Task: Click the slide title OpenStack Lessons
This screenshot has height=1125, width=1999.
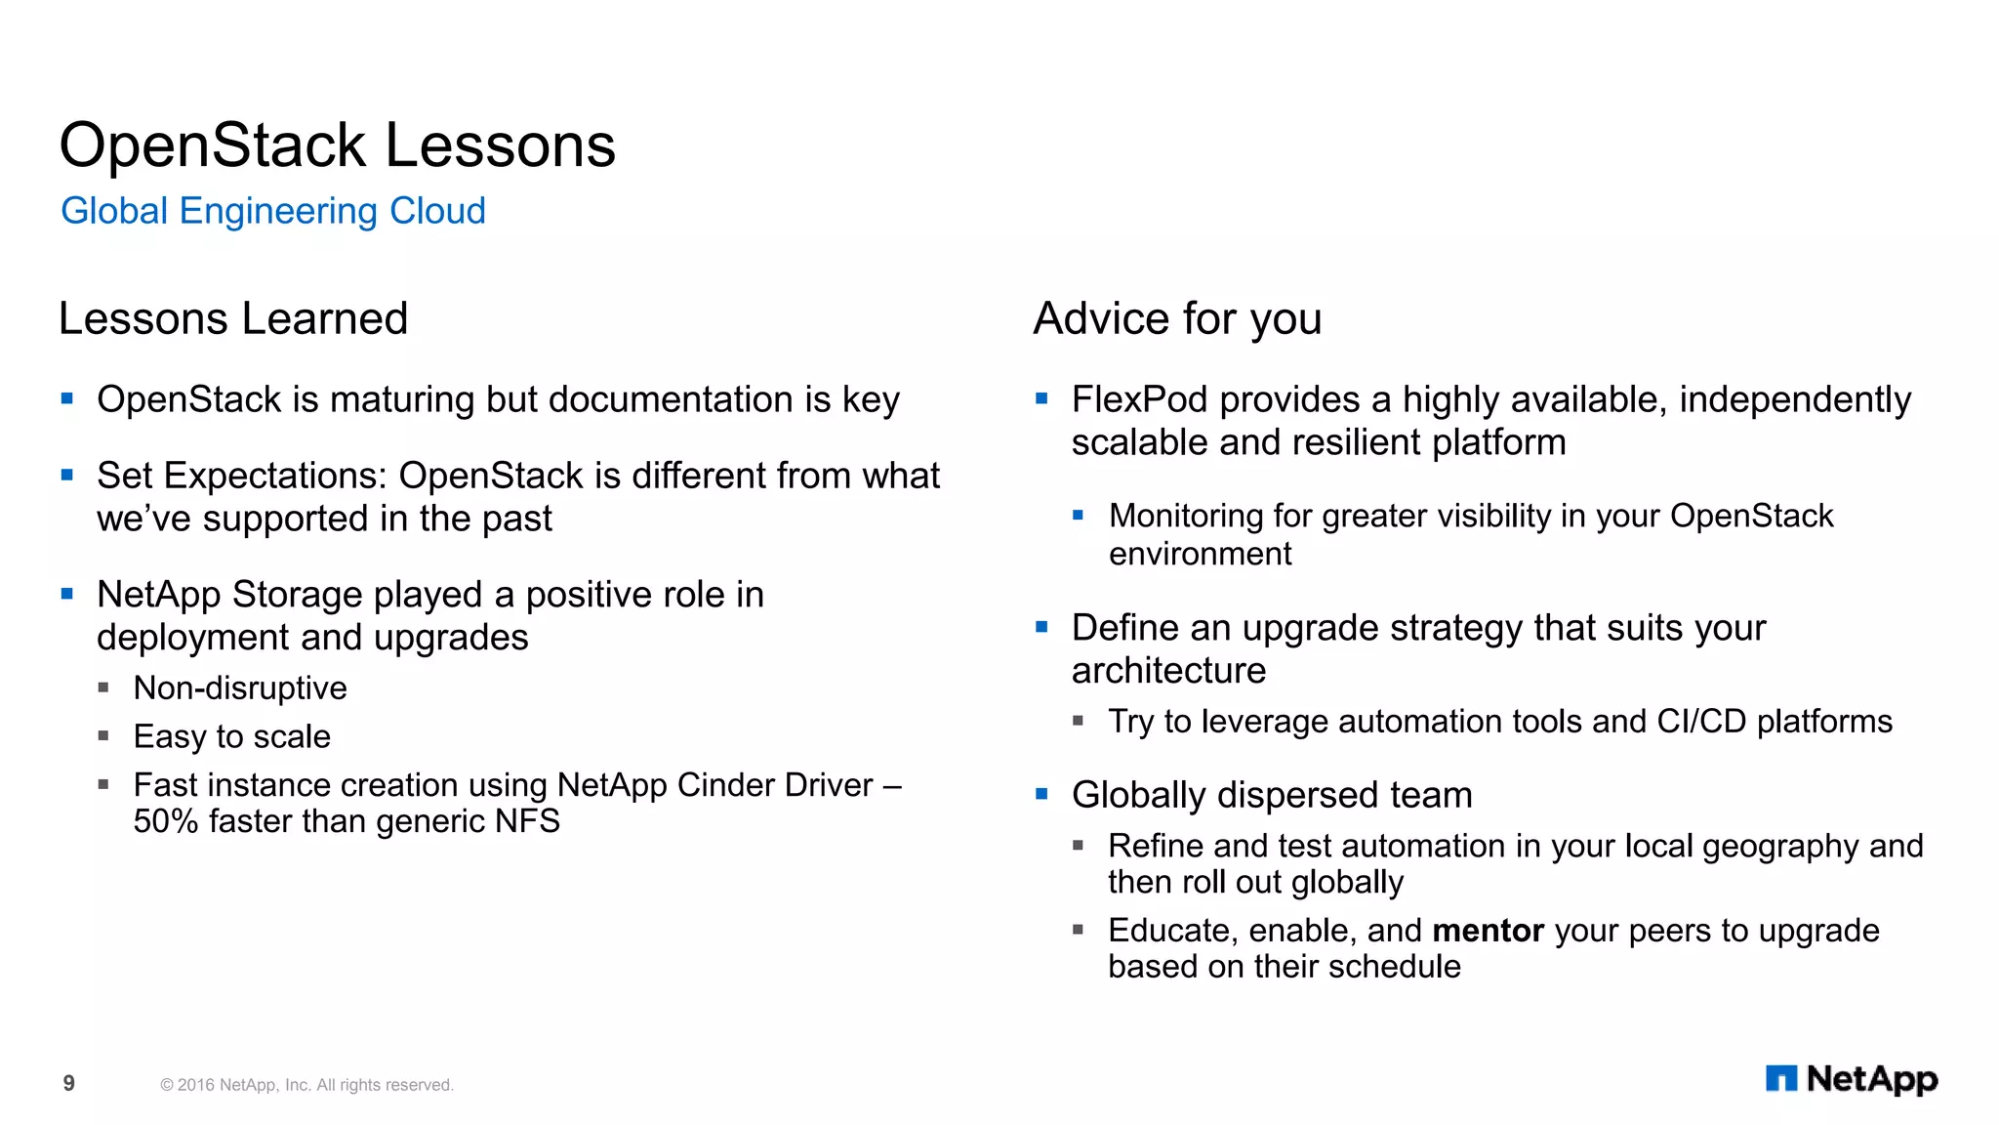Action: click(337, 146)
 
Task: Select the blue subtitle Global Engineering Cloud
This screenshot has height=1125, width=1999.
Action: click(272, 211)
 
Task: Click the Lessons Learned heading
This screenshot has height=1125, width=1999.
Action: click(232, 318)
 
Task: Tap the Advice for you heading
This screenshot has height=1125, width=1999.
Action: click(1176, 318)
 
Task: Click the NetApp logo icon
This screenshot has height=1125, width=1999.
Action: click(1780, 1078)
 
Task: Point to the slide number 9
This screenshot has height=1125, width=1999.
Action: click(68, 1083)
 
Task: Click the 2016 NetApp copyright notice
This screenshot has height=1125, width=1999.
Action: click(306, 1085)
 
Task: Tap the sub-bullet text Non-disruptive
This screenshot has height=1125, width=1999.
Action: click(240, 688)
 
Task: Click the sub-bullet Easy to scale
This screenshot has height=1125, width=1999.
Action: click(231, 736)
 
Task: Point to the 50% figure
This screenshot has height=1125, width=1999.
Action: click(165, 821)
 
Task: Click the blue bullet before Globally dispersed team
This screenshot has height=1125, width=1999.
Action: click(1041, 794)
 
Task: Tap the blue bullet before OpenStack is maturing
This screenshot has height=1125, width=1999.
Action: click(66, 398)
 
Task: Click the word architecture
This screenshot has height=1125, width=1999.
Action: click(1168, 671)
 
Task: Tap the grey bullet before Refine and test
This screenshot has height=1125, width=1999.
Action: click(1078, 845)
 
